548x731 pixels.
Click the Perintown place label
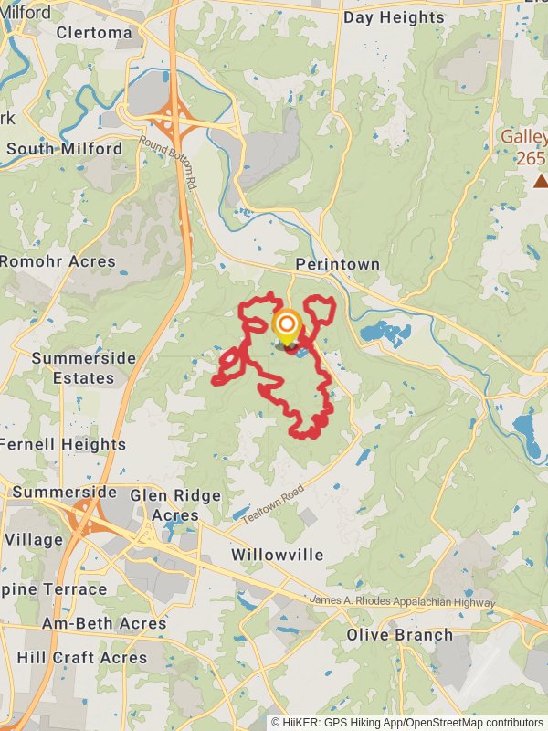pyautogui.click(x=337, y=264)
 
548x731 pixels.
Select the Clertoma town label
pyautogui.click(x=94, y=32)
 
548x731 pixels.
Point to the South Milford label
pyautogui.click(x=64, y=148)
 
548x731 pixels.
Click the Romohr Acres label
pyautogui.click(x=58, y=261)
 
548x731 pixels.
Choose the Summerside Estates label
pyautogui.click(x=83, y=368)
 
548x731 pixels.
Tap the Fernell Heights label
pyautogui.click(x=63, y=445)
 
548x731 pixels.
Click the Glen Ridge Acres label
pyautogui.click(x=175, y=505)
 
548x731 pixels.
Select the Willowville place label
pyautogui.click(x=277, y=555)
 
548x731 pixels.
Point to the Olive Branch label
pyautogui.click(x=399, y=634)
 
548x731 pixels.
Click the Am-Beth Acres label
pyautogui.click(x=104, y=624)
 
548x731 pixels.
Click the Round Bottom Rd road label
pyautogui.click(x=168, y=162)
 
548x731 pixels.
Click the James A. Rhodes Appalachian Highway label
pyautogui.click(x=402, y=602)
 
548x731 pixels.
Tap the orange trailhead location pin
pyautogui.click(x=287, y=325)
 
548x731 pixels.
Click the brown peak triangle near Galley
pyautogui.click(x=541, y=181)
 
